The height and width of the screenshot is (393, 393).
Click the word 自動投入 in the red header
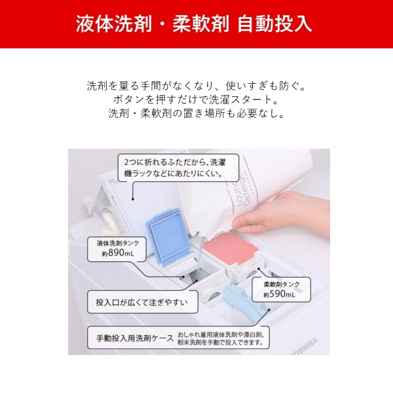pos(274,24)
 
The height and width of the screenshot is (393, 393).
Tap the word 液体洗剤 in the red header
pos(114,24)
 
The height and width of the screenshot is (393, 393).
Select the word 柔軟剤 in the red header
pos(201,24)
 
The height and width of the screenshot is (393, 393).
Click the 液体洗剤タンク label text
pos(118,243)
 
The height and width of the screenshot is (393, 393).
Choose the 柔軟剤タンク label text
pos(282,284)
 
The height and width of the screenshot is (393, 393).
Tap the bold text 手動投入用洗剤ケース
pos(135,338)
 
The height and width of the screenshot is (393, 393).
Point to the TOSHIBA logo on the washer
pos(305,348)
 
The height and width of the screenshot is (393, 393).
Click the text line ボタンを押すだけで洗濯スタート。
pos(196,100)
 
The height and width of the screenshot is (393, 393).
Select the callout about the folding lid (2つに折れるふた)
pos(178,168)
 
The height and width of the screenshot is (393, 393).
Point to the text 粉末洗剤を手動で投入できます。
pos(221,343)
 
